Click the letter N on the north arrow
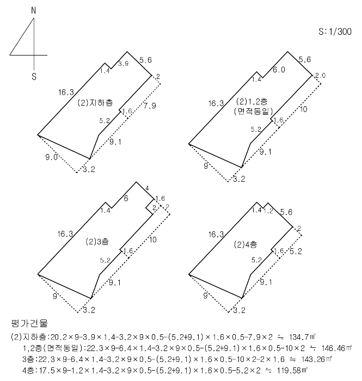click(34, 10)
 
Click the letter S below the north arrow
click(34, 77)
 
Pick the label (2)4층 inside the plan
click(246, 243)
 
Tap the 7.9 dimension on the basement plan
click(149, 106)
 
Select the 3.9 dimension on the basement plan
click(124, 64)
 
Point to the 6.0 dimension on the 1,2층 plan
click(279, 70)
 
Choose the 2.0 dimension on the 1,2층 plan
click(320, 75)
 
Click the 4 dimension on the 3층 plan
click(147, 188)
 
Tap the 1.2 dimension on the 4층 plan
click(268, 211)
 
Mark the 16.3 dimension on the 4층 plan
click(216, 235)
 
